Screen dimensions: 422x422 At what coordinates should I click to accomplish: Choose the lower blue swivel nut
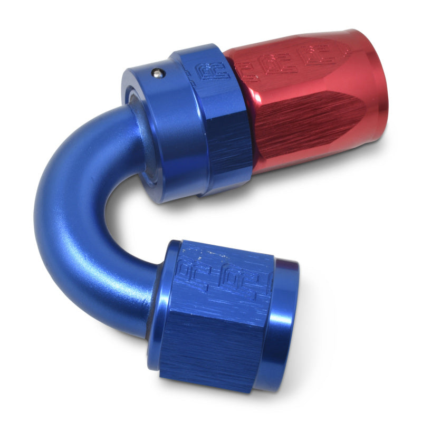(x=227, y=316)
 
